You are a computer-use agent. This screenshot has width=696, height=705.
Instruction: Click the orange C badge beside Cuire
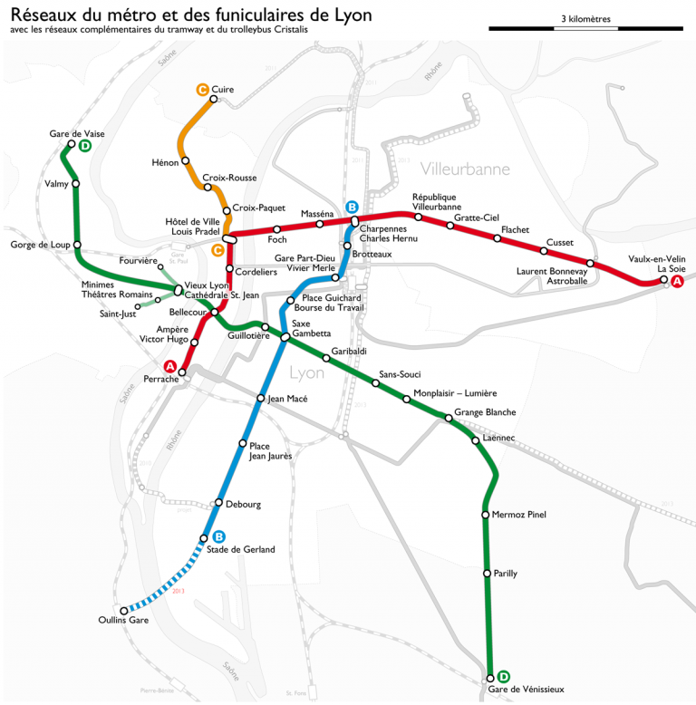click(202, 89)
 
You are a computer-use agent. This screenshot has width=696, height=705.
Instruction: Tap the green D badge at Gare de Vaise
click(84, 146)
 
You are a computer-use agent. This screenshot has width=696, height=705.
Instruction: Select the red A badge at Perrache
click(169, 366)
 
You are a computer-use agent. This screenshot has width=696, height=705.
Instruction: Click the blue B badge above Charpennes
click(353, 207)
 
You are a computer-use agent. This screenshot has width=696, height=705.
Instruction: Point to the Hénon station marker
click(186, 161)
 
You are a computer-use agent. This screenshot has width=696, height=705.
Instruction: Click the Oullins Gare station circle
click(124, 611)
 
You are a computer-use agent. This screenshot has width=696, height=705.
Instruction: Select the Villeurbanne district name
click(465, 169)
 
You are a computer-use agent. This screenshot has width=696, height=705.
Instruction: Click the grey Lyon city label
click(306, 372)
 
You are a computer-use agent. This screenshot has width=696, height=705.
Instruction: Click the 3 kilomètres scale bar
click(585, 29)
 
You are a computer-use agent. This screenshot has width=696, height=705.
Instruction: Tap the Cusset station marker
click(546, 251)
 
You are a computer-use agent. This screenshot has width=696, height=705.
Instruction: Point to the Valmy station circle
click(76, 184)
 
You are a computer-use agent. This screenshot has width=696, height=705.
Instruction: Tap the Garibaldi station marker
click(326, 360)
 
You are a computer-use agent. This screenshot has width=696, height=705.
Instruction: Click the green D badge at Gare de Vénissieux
click(503, 676)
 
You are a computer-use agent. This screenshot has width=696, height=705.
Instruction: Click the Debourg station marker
click(218, 503)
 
